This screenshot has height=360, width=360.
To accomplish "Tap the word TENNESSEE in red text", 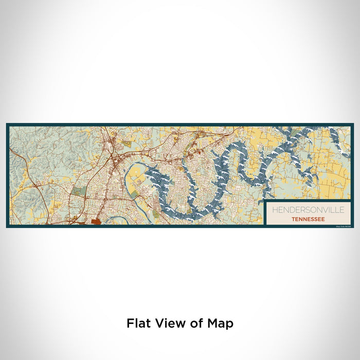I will (x=308, y=219).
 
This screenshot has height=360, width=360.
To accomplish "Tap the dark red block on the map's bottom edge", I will (x=96, y=222).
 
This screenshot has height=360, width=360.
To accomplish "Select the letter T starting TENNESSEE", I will (x=292, y=219).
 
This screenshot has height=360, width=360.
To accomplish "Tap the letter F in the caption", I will (x=130, y=323).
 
